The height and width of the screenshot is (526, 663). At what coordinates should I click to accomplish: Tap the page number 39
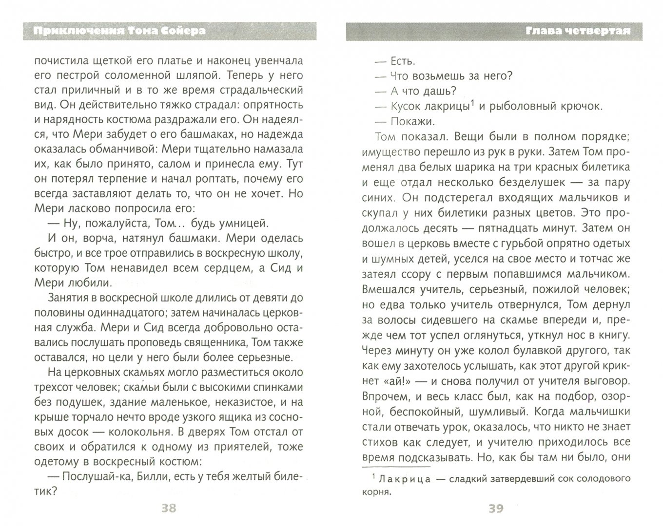495,508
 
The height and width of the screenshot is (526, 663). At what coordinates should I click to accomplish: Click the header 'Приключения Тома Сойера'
120,31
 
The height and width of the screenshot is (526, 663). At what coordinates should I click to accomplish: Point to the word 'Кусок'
406,106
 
